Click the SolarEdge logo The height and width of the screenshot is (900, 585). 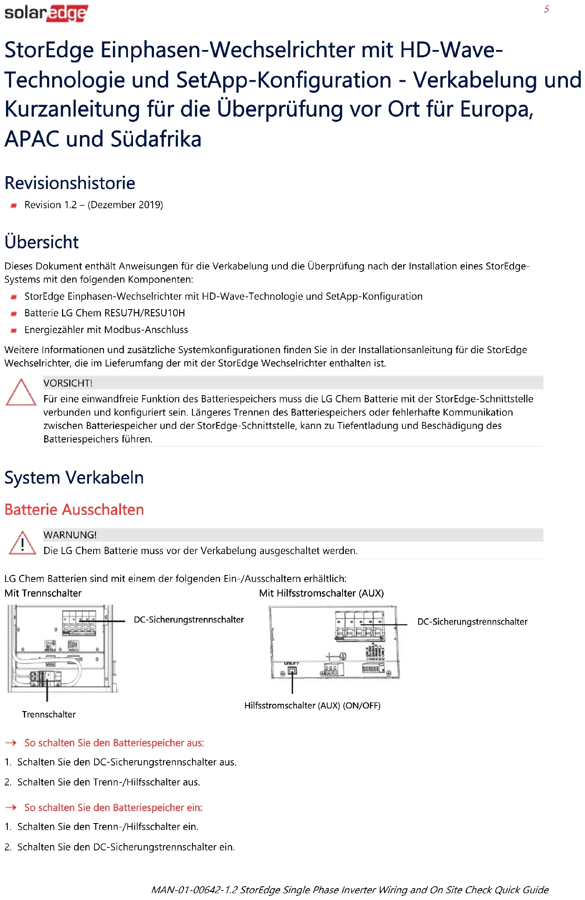pos(46,13)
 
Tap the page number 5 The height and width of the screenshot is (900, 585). pos(546,9)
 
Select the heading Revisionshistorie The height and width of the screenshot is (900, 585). pos(70,183)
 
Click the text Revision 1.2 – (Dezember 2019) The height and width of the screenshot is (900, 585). pos(94,205)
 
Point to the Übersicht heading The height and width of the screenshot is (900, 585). pos(41,242)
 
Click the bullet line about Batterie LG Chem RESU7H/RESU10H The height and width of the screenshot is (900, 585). pos(104,313)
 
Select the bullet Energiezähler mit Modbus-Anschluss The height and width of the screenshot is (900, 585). pos(106,330)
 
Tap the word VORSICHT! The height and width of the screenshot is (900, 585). pos(68,383)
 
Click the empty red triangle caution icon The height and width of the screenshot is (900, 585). pos(21,392)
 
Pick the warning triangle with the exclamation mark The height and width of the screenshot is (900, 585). pos(22,543)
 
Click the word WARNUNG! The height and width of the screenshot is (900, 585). pos(70,535)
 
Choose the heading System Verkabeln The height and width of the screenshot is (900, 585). pos(74,478)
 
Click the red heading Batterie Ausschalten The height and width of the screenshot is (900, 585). pos(74,510)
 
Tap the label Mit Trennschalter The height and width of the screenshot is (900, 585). pos(43,593)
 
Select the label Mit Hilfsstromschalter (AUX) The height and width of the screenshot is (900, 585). pos(321,593)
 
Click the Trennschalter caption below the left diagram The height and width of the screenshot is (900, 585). pos(49,714)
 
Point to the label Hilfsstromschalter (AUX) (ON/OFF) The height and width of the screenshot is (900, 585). pos(312,705)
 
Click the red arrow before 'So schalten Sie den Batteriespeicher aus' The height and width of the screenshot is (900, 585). pos(11,743)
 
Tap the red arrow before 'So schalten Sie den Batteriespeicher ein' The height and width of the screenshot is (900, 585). pos(11,807)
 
